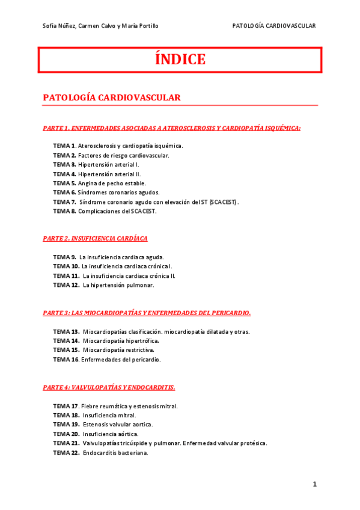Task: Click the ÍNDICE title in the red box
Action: coord(180,60)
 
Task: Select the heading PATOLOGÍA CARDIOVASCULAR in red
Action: coord(112,97)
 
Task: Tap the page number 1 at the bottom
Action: coord(314,484)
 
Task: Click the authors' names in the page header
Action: coord(100,25)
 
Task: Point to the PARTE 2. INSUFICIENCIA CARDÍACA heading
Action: coord(95,238)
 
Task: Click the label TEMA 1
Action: coord(64,146)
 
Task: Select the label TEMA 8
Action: coord(64,211)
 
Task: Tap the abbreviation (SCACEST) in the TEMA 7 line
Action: coord(223,202)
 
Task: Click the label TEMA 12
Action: coord(66,285)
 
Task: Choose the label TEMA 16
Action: coord(66,360)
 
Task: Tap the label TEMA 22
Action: coord(66,453)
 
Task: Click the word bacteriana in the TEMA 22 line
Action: coord(133,453)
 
